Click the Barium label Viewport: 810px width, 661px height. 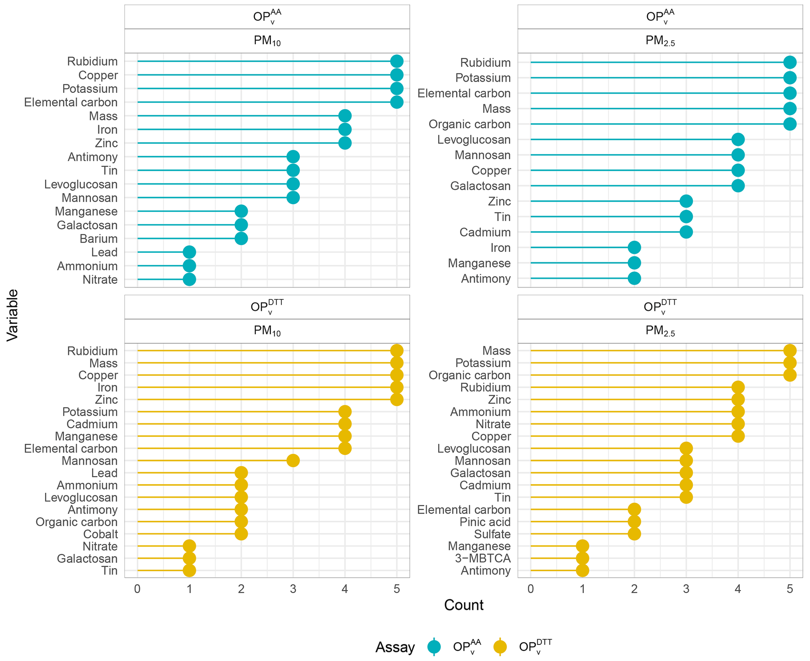[98, 239]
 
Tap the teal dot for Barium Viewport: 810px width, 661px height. [241, 238]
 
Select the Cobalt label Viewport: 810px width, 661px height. [100, 534]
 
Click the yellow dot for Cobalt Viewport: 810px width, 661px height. [241, 534]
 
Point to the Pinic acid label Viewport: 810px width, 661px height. [485, 522]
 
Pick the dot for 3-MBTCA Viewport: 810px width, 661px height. [582, 558]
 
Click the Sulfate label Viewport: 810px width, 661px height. [492, 534]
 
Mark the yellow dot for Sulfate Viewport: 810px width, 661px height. [634, 534]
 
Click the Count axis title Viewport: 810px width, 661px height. [464, 605]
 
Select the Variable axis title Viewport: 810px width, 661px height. [13, 315]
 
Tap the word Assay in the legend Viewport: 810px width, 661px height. [395, 647]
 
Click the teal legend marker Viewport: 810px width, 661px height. [434, 647]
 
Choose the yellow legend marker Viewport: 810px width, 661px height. [500, 647]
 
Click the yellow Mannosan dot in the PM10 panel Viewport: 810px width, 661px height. [293, 460]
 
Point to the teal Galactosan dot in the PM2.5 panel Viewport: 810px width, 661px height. [738, 186]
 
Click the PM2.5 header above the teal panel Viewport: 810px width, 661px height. [660, 41]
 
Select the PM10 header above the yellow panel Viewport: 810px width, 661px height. [267, 331]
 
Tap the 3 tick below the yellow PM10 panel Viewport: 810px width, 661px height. [293, 589]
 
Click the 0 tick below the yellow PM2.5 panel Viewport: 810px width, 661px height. [531, 589]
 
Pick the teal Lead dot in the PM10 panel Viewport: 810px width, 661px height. [189, 252]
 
